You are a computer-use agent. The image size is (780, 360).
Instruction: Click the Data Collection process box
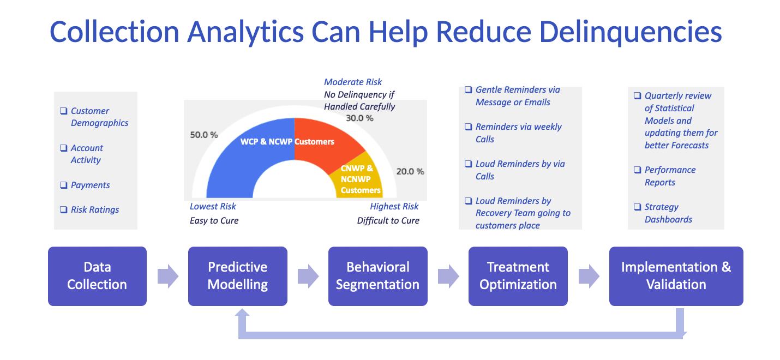[97, 276]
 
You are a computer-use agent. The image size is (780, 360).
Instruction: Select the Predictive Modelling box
[237, 276]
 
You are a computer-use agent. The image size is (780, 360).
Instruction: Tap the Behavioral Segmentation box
[377, 276]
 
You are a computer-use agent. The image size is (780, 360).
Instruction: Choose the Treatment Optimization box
[518, 276]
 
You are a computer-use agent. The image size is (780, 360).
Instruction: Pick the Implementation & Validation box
[676, 276]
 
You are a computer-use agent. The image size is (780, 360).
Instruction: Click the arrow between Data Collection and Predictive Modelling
[167, 276]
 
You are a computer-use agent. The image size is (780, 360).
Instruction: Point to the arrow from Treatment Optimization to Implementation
[589, 276]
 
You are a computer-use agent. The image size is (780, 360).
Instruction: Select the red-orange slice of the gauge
[327, 142]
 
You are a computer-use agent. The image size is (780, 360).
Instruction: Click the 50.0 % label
[203, 135]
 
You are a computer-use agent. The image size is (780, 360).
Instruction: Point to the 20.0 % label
[410, 171]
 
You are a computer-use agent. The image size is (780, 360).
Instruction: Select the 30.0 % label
[359, 118]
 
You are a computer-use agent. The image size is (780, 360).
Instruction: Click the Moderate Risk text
[353, 82]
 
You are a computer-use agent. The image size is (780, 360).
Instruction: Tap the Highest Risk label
[394, 207]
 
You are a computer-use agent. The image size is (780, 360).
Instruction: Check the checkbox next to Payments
[63, 185]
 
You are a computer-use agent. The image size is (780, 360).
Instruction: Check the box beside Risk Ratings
[63, 210]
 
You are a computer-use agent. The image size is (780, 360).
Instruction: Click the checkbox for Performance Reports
[637, 170]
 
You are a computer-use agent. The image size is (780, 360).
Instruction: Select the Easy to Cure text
[214, 221]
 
